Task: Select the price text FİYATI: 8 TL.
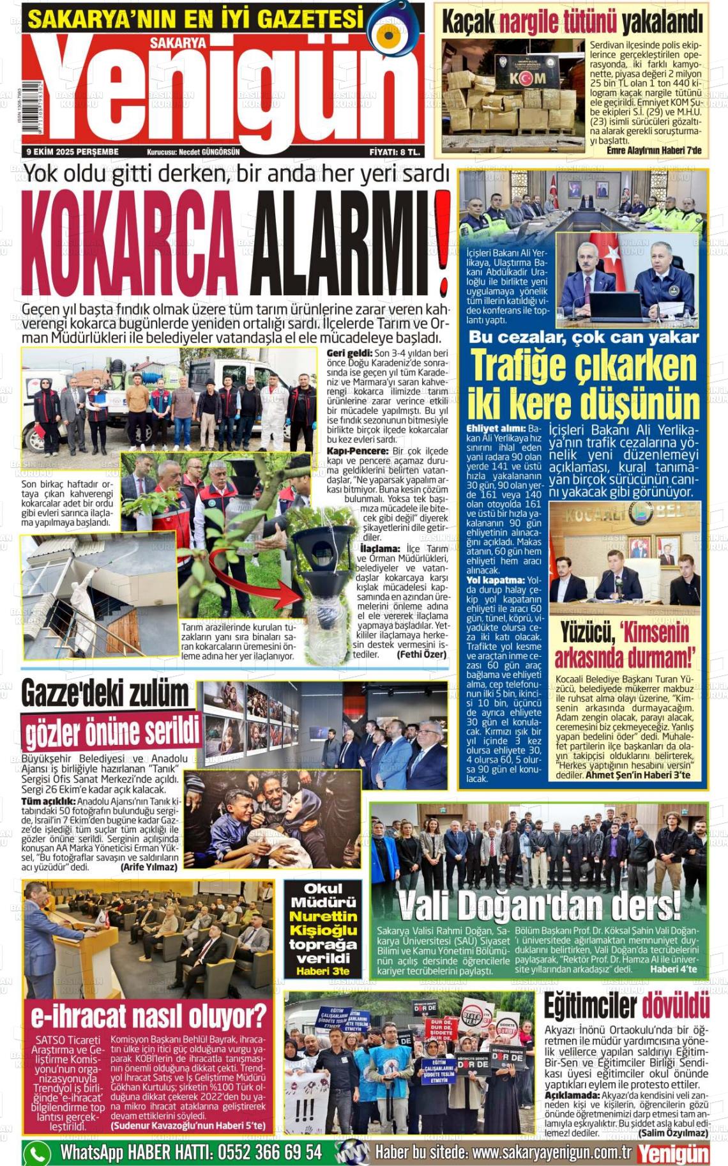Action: tap(394, 152)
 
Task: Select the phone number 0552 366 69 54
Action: tap(269, 1152)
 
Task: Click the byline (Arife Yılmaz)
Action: tap(148, 867)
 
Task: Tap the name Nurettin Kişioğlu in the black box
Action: tap(322, 923)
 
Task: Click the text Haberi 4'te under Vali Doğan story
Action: tap(673, 969)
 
